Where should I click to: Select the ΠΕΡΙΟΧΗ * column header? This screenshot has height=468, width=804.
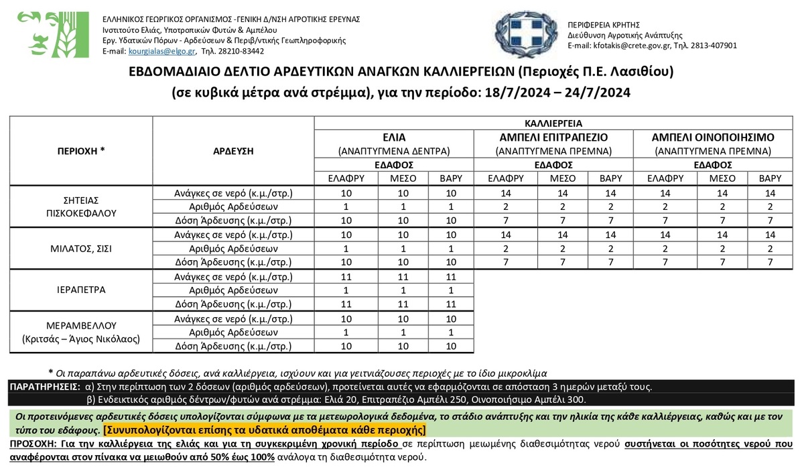tap(81, 151)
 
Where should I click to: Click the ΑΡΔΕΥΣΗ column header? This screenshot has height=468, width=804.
tap(233, 151)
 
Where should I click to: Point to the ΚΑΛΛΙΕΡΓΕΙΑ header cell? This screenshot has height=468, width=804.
tap(553, 123)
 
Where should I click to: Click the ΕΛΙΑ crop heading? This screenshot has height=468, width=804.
tap(394, 137)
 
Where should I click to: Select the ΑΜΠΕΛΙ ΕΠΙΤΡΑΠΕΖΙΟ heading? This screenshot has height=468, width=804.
tap(553, 137)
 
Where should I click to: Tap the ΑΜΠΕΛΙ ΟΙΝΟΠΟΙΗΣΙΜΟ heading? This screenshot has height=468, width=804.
tap(713, 137)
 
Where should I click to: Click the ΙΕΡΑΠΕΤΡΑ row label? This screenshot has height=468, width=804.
tap(81, 290)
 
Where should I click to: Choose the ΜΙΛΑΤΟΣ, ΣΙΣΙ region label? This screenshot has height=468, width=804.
tap(81, 248)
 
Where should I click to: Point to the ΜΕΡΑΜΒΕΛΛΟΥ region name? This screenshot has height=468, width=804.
tap(81, 326)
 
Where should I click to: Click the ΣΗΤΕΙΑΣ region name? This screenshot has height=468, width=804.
tap(81, 200)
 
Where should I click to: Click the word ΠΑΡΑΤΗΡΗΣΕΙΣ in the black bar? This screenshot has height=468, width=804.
tap(46, 388)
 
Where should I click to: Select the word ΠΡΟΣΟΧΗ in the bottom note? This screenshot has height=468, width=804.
tap(33, 445)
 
